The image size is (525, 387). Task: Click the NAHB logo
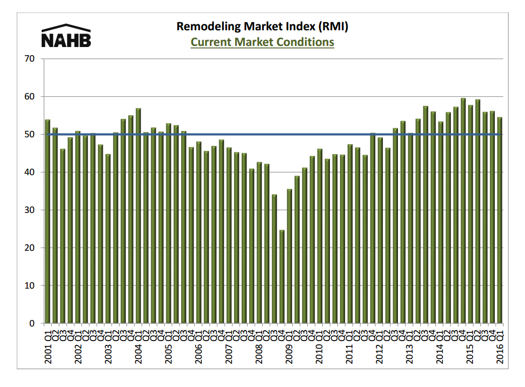click(66, 36)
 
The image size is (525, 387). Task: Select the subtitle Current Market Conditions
click(262, 42)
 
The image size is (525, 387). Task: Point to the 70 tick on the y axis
click(30, 58)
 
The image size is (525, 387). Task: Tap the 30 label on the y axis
click(30, 210)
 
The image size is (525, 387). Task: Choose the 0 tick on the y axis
click(33, 324)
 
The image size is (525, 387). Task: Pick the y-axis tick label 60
click(30, 97)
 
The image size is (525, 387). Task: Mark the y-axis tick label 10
click(30, 286)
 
